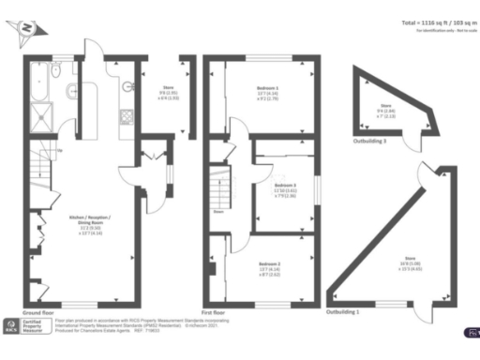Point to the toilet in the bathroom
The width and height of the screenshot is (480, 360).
pyautogui.click(x=71, y=89)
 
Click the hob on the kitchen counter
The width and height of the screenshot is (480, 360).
pyautogui.click(x=125, y=117)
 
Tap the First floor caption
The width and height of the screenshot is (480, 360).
pyautogui.click(x=218, y=310)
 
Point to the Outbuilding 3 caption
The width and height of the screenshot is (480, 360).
pyautogui.click(x=369, y=142)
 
